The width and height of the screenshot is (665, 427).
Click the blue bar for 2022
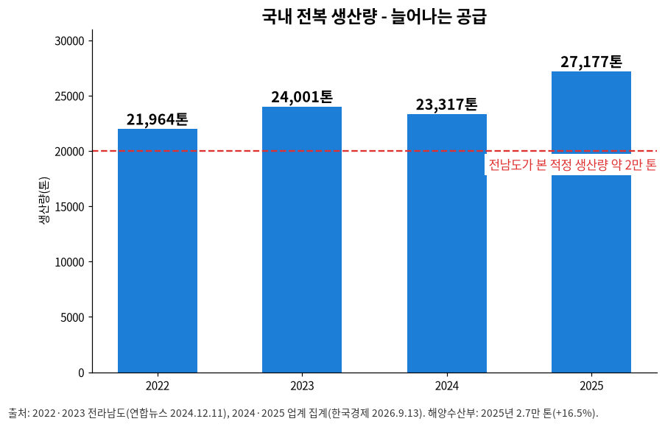pyautogui.click(x=158, y=250)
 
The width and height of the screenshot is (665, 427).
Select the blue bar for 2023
pyautogui.click(x=302, y=239)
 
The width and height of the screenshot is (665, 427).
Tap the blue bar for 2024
pyautogui.click(x=447, y=244)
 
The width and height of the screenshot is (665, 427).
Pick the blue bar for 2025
pyautogui.click(x=591, y=222)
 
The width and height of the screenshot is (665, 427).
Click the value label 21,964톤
pyautogui.click(x=158, y=119)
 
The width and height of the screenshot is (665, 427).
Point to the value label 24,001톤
pyautogui.click(x=302, y=97)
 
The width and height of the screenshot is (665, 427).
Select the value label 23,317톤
pyautogui.click(x=446, y=105)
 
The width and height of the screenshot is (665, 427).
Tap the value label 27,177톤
pyautogui.click(x=591, y=62)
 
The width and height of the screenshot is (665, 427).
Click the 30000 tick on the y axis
pyautogui.click(x=69, y=41)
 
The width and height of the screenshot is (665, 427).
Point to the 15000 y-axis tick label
pyautogui.click(x=69, y=207)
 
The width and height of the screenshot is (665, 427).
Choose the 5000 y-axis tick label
pyautogui.click(x=72, y=317)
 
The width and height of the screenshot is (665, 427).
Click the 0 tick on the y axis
pyautogui.click(x=82, y=373)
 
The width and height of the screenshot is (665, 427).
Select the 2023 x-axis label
pyautogui.click(x=302, y=386)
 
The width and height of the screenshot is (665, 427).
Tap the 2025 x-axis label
pyautogui.click(x=591, y=386)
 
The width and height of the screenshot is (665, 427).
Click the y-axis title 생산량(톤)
pyautogui.click(x=43, y=200)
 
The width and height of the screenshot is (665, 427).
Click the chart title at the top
pyautogui.click(x=374, y=16)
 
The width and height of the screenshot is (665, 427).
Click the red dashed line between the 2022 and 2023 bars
pyautogui.click(x=230, y=151)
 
